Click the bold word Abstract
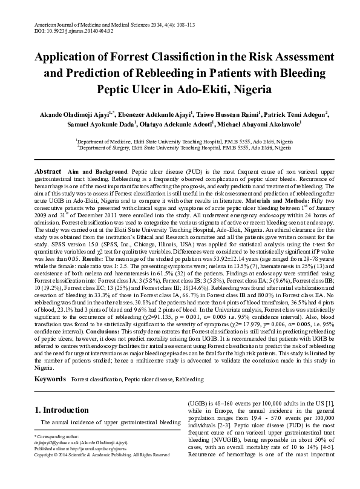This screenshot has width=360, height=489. [48, 164]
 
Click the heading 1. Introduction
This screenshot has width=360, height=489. [64, 410]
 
